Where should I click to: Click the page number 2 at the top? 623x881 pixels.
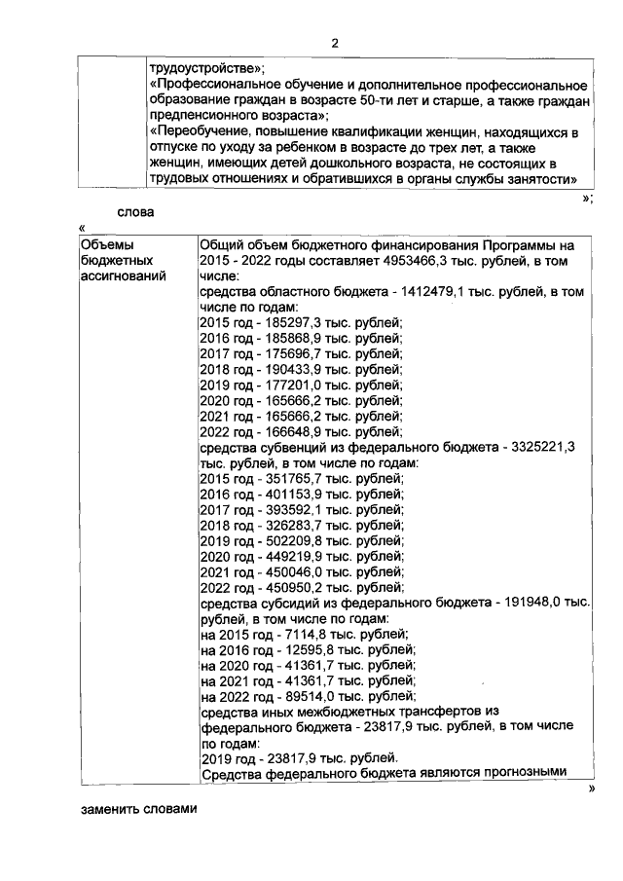pyautogui.click(x=334, y=43)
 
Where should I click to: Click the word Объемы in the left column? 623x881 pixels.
pyautogui.click(x=103, y=244)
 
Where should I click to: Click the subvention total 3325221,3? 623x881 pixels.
pyautogui.click(x=550, y=447)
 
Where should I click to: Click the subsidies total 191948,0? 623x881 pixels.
pyautogui.click(x=531, y=603)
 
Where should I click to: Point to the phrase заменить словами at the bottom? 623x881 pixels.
pyautogui.click(x=138, y=809)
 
